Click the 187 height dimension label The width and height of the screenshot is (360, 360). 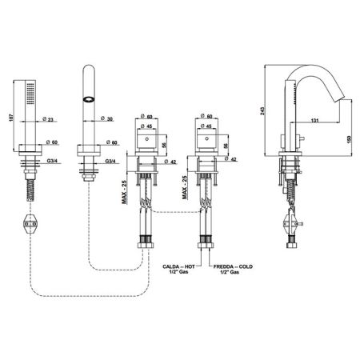[x=11, y=118]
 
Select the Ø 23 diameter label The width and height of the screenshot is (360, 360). [x=50, y=119]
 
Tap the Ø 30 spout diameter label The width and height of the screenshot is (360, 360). [x=106, y=119]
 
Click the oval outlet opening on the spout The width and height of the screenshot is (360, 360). [x=89, y=99]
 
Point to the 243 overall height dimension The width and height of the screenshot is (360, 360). [x=262, y=110]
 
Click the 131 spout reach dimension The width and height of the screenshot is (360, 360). [x=315, y=121]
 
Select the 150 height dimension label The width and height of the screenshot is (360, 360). [x=350, y=140]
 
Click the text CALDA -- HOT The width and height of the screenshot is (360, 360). [x=178, y=266]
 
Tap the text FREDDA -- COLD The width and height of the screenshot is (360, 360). [x=233, y=266]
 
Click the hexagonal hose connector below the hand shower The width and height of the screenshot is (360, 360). [x=30, y=224]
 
